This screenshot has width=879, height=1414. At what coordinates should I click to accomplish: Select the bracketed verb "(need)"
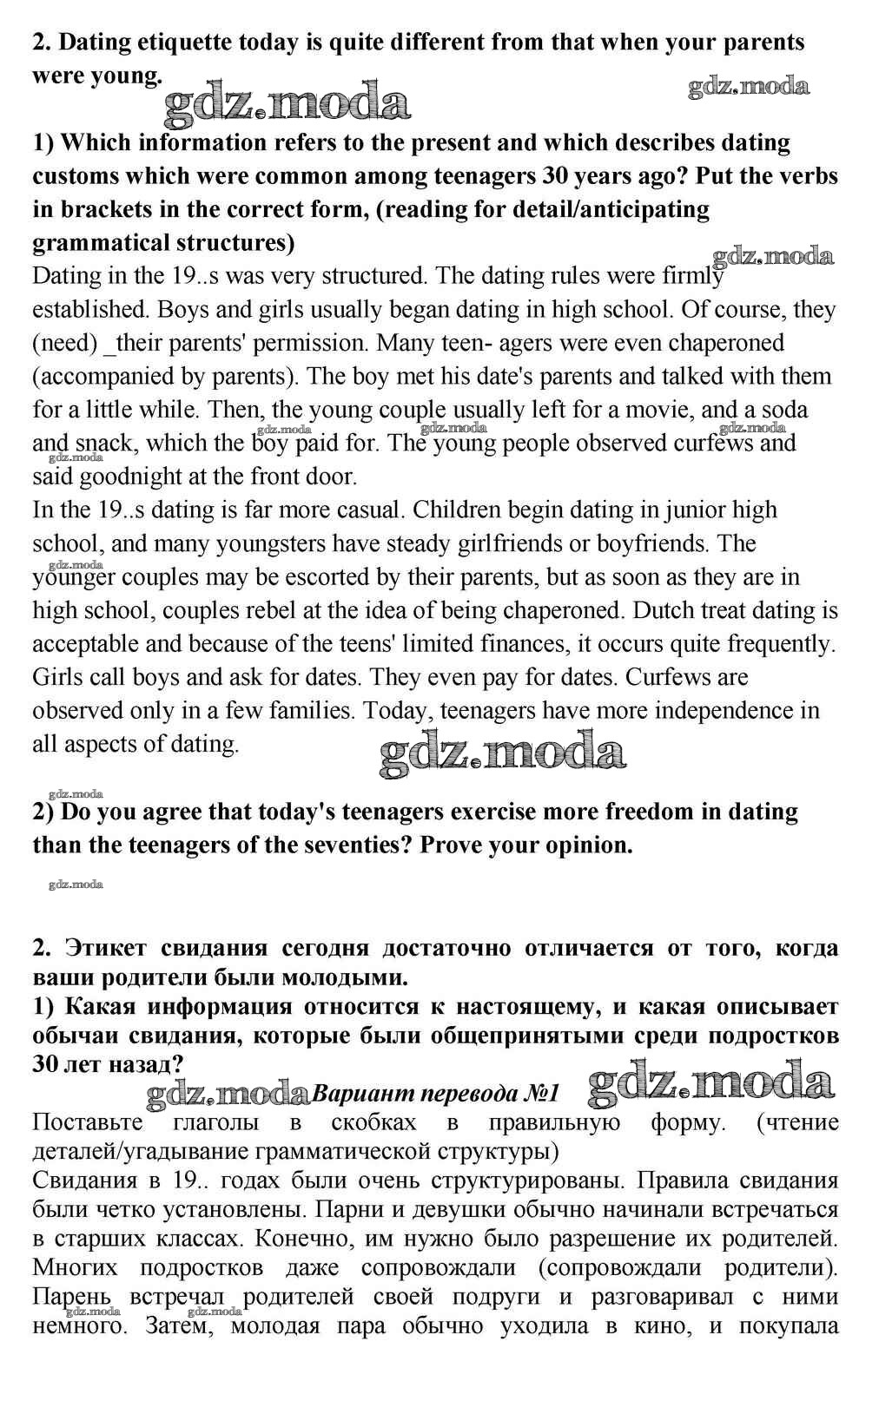(64, 343)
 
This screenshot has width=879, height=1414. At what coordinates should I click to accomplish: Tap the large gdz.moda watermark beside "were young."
(287, 102)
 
